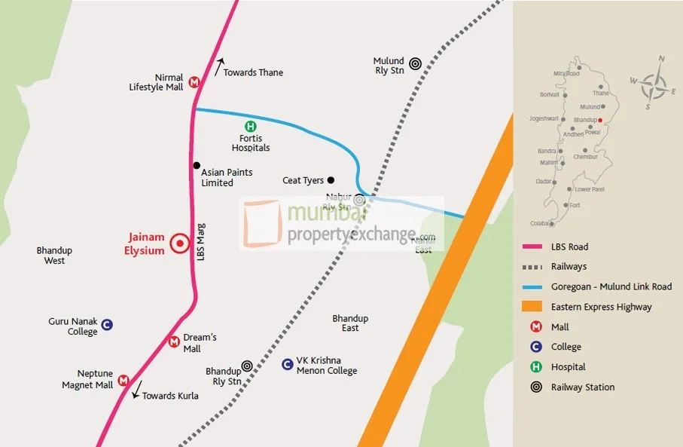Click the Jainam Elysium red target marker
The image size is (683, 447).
179,243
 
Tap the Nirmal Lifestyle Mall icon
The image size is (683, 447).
194,82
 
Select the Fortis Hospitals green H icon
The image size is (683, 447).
250,127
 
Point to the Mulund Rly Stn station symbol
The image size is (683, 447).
415,66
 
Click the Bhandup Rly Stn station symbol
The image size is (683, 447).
246,366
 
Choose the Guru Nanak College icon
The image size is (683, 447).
107,325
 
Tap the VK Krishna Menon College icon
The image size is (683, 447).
287,365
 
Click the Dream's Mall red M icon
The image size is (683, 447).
174,342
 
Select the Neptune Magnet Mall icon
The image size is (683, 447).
123,381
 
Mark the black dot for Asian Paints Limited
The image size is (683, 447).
197,166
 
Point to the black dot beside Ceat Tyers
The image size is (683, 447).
331,180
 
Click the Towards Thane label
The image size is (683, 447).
253,72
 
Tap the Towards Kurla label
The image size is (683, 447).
170,396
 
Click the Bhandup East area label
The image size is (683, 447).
350,323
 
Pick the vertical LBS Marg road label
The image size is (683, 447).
201,240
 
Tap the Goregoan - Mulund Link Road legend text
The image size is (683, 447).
611,286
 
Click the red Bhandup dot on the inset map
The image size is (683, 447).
599,120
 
